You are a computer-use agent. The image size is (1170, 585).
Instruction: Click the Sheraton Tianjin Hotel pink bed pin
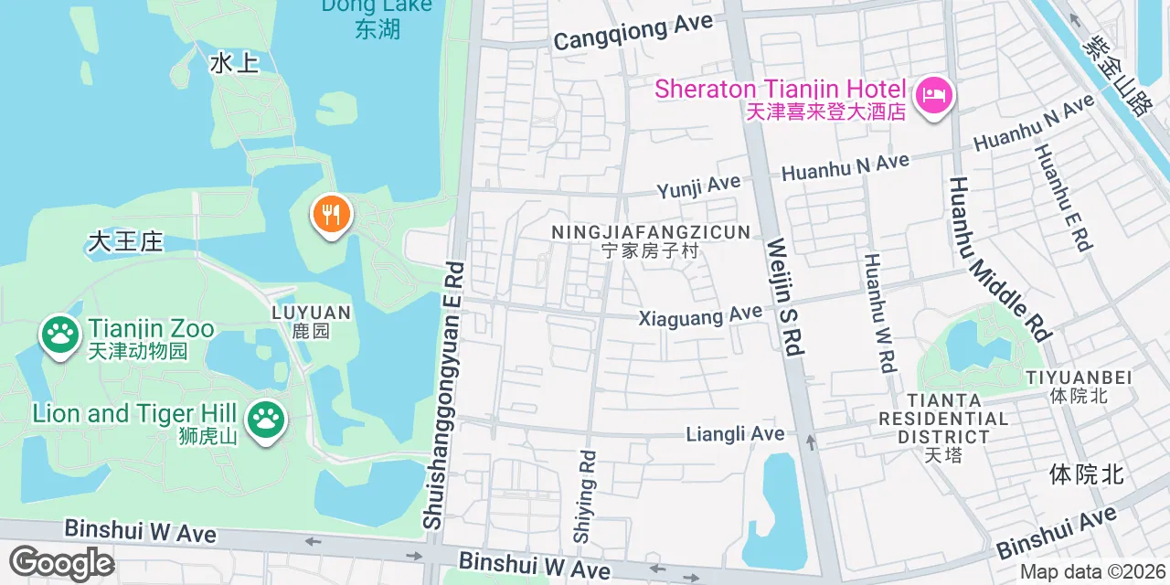(x=933, y=95)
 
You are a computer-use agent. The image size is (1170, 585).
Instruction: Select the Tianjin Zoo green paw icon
(x=60, y=335)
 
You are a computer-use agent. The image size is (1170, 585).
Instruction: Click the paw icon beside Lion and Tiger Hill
(x=266, y=420)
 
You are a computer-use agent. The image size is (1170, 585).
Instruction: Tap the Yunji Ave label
(x=698, y=186)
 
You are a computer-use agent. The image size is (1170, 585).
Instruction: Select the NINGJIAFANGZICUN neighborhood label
(x=651, y=233)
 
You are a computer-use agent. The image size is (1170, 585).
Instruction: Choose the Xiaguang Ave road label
(x=700, y=316)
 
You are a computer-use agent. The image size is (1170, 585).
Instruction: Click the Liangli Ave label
(x=735, y=433)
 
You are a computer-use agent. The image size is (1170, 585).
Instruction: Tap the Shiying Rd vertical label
(x=584, y=496)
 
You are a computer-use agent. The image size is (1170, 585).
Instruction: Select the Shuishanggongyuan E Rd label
(x=443, y=395)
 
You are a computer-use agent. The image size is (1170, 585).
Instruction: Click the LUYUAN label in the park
(x=311, y=321)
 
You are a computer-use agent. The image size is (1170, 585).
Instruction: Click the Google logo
(x=62, y=563)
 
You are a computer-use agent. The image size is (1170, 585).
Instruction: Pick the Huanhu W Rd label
(x=878, y=312)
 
